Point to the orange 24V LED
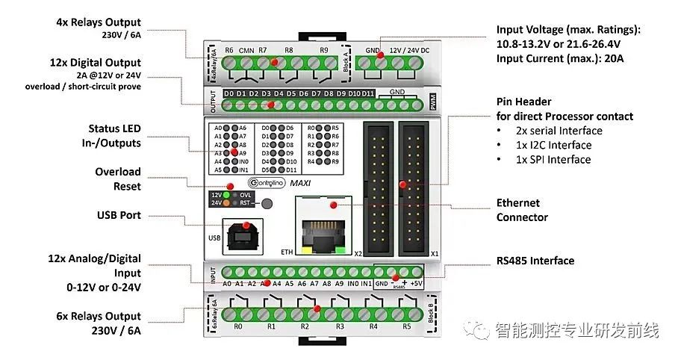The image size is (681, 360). [x=226, y=202]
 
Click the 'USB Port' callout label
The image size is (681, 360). [x=119, y=215]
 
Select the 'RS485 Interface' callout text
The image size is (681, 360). [x=535, y=261]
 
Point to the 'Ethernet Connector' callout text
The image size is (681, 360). [x=522, y=210]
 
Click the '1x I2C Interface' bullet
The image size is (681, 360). [x=553, y=145]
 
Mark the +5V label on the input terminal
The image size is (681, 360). [x=417, y=284]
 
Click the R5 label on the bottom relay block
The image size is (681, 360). [x=406, y=326]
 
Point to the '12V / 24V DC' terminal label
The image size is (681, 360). [x=408, y=50]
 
